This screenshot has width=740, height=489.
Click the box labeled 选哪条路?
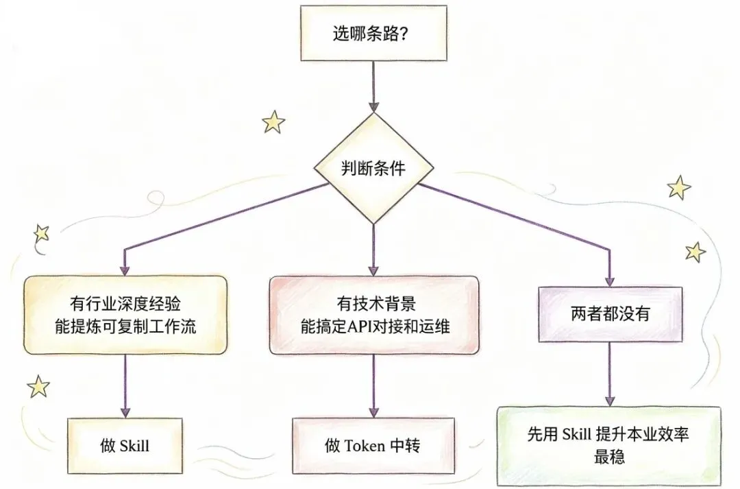pyautogui.click(x=372, y=34)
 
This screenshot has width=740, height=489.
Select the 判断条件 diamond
pyautogui.click(x=373, y=169)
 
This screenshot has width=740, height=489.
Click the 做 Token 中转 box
pyautogui.click(x=373, y=446)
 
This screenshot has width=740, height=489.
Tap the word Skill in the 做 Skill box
pyautogui.click(x=134, y=446)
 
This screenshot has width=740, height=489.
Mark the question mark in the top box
pyautogui.click(x=405, y=34)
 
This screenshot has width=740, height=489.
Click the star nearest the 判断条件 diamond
pyautogui.click(x=273, y=123)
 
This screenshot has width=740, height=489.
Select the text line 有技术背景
pyautogui.click(x=373, y=303)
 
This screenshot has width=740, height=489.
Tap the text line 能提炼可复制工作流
pyautogui.click(x=125, y=326)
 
